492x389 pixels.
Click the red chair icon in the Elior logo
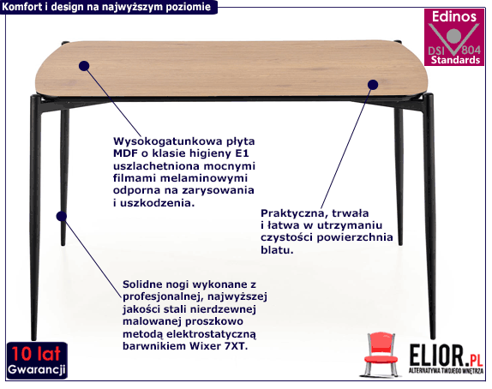[381, 355]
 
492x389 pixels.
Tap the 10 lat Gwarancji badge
[37, 360]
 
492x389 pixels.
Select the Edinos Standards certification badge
[454, 38]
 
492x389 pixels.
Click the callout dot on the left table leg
[62, 216]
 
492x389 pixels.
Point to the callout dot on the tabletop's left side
[84, 66]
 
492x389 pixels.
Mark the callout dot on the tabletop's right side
[373, 84]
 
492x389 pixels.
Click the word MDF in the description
[124, 153]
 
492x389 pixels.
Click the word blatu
[277, 249]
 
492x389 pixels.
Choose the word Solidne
[142, 284]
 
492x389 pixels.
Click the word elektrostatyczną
[211, 334]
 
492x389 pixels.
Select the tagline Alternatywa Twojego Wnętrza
[446, 371]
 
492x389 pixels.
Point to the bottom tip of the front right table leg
[433, 338]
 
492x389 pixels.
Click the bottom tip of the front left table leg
[34, 339]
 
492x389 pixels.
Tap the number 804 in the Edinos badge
[471, 50]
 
